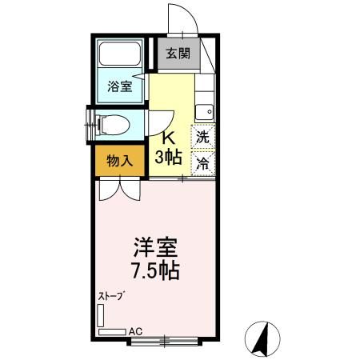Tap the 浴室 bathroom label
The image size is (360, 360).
click(120, 86)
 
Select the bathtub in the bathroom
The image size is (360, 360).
click(119, 58)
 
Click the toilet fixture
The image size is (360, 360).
click(110, 124)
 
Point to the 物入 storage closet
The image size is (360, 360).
click(120, 160)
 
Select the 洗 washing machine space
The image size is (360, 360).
click(203, 136)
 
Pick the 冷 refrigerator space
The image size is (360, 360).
click(203, 162)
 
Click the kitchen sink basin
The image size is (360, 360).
click(206, 111)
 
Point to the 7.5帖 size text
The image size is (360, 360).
click(150, 270)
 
